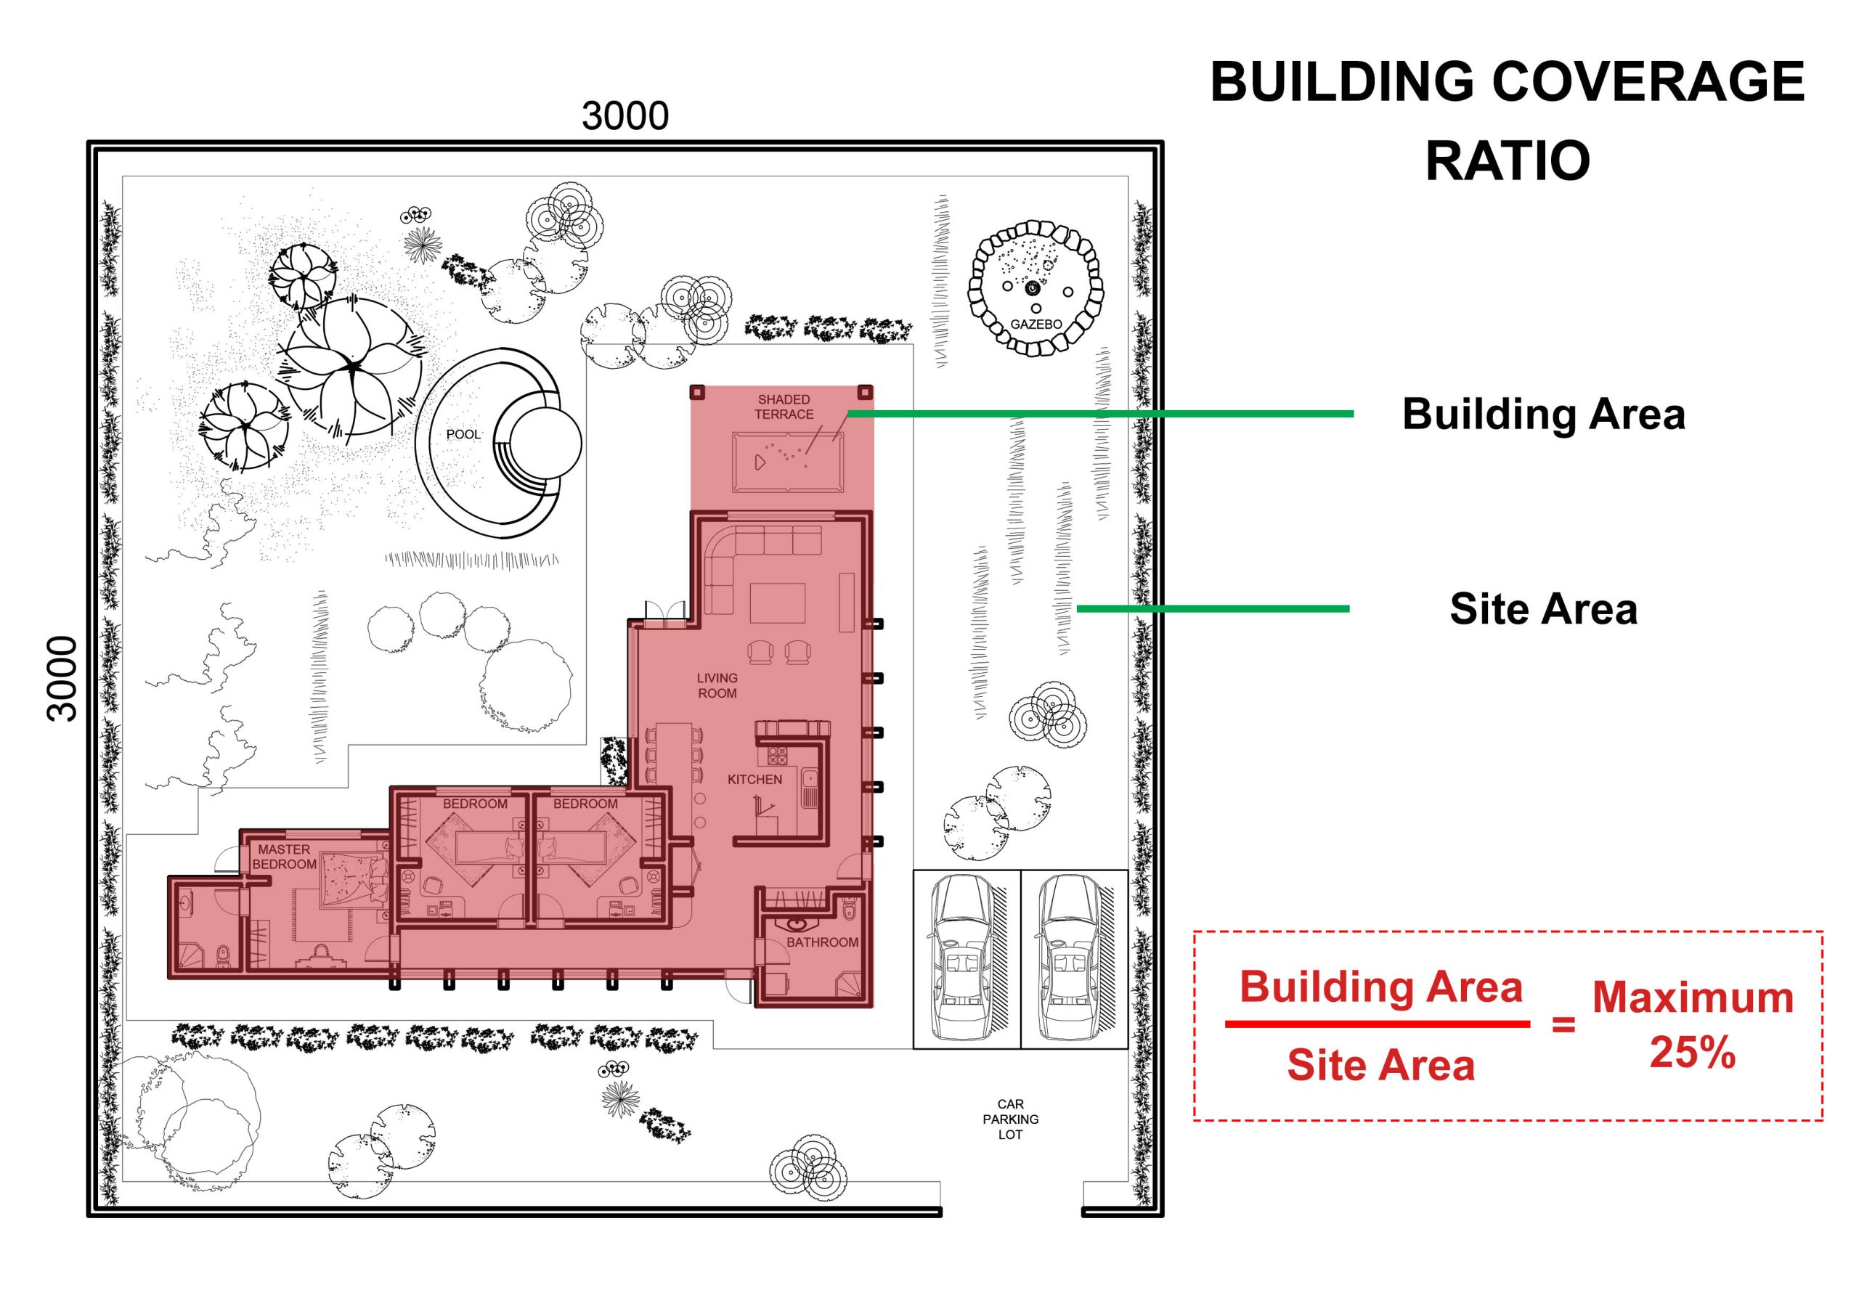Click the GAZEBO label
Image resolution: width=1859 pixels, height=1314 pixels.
[x=1036, y=324]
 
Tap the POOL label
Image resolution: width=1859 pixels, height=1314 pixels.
[x=463, y=435]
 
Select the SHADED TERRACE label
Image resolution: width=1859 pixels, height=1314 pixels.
[x=784, y=407]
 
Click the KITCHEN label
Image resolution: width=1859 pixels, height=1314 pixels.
[x=754, y=780]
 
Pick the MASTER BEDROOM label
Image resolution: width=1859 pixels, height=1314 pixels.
[x=284, y=857]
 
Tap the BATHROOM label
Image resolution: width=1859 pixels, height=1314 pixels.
[x=822, y=942]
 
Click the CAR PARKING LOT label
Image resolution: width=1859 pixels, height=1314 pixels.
[x=1010, y=1119]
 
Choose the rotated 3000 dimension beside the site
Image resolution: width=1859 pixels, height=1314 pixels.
[x=62, y=679]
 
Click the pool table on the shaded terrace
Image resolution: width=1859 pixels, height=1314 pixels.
[x=788, y=462]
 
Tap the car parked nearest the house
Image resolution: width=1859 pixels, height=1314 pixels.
[x=962, y=958]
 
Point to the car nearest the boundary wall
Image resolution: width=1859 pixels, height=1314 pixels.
[x=1072, y=958]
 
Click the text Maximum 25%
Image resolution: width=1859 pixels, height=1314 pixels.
[x=1692, y=1025]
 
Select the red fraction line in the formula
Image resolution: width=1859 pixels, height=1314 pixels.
[x=1378, y=1024]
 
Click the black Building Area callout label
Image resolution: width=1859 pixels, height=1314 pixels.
[x=1543, y=414]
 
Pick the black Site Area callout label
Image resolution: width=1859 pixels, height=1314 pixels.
[x=1543, y=609]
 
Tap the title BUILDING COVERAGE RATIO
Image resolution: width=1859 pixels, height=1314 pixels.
[x=1507, y=121]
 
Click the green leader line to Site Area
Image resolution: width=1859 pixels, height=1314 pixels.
[x=1213, y=609]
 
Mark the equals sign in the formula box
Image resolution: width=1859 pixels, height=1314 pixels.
[x=1563, y=1025]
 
